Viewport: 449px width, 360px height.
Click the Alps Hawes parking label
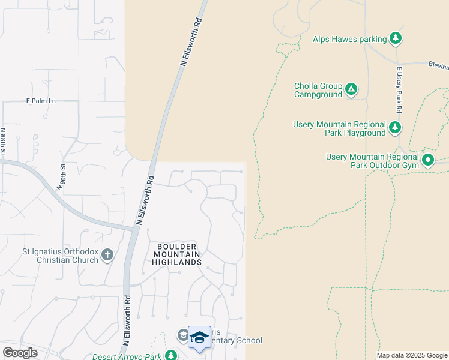coord(349,40)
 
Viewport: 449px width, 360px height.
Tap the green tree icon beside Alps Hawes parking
coord(395,39)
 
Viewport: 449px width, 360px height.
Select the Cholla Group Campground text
coord(318,90)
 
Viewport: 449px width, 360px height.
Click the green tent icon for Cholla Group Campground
coord(351,91)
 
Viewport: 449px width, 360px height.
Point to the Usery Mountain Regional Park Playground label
coord(339,128)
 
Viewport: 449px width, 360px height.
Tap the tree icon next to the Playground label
coord(394,128)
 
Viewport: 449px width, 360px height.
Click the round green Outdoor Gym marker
coord(428,160)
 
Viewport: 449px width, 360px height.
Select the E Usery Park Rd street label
coord(398,90)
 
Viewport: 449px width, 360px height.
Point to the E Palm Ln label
coord(40,101)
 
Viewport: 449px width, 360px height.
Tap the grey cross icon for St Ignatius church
coord(107,256)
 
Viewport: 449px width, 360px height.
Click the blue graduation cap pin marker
coord(199,338)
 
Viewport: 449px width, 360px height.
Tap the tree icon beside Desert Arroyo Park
coord(171,355)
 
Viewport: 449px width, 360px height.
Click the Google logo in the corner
coord(20,353)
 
